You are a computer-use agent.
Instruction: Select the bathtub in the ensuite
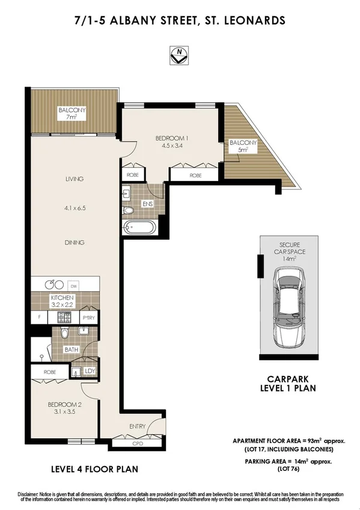[x=139, y=228]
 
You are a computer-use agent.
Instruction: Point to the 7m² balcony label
[x=72, y=112]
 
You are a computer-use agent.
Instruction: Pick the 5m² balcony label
[x=243, y=147]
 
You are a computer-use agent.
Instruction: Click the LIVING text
[x=75, y=179]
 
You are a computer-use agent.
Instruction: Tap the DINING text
[x=75, y=242]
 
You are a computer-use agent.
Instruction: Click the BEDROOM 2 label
[x=64, y=408]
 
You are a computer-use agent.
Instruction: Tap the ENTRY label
[x=138, y=426]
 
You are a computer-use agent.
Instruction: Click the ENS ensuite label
[x=147, y=204]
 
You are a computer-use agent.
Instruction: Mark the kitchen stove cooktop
[x=64, y=316]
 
